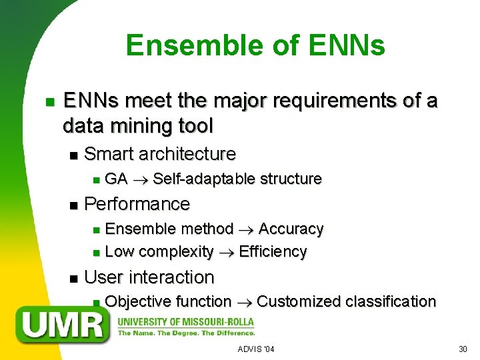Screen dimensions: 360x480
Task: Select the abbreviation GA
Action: (117, 179)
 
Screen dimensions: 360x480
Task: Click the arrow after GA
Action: (141, 179)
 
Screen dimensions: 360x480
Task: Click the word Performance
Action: (137, 203)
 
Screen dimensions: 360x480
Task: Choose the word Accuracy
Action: (291, 229)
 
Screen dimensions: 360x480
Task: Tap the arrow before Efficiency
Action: (226, 252)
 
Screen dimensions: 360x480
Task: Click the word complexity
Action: (176, 252)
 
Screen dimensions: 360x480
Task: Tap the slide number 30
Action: (463, 349)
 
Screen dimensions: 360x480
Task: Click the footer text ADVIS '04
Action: (256, 349)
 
